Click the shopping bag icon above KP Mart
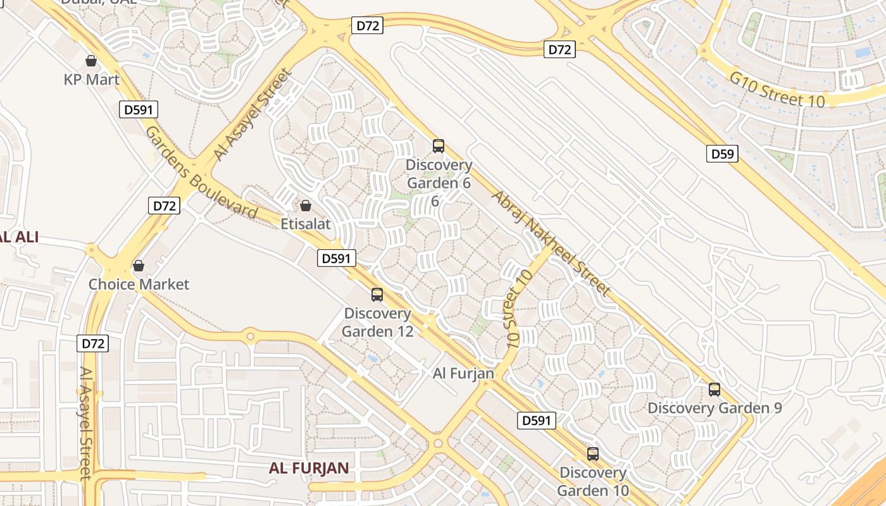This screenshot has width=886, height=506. point(91,61)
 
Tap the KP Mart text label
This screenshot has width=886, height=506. point(92,80)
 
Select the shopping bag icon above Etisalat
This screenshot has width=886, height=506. point(306,206)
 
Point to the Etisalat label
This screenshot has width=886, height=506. point(306,224)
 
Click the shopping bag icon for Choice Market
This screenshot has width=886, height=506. point(138,266)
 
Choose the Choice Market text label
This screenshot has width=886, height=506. point(139,284)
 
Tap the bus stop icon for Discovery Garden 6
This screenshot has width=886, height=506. point(439,146)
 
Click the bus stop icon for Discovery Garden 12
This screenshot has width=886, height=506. point(377,295)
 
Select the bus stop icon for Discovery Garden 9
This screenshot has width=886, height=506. point(714,390)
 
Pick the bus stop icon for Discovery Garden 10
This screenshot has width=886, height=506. point(593,454)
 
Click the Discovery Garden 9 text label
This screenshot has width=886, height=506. point(714,408)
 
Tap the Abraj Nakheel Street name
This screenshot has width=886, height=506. point(551,243)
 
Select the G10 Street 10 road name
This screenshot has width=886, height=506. point(777,90)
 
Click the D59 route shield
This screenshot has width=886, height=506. point(722,154)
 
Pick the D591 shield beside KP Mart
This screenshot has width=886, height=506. point(139,109)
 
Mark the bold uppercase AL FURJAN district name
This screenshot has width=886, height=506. point(309,468)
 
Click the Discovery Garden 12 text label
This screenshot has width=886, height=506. point(378,322)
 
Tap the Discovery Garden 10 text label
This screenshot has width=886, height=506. point(593,481)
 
